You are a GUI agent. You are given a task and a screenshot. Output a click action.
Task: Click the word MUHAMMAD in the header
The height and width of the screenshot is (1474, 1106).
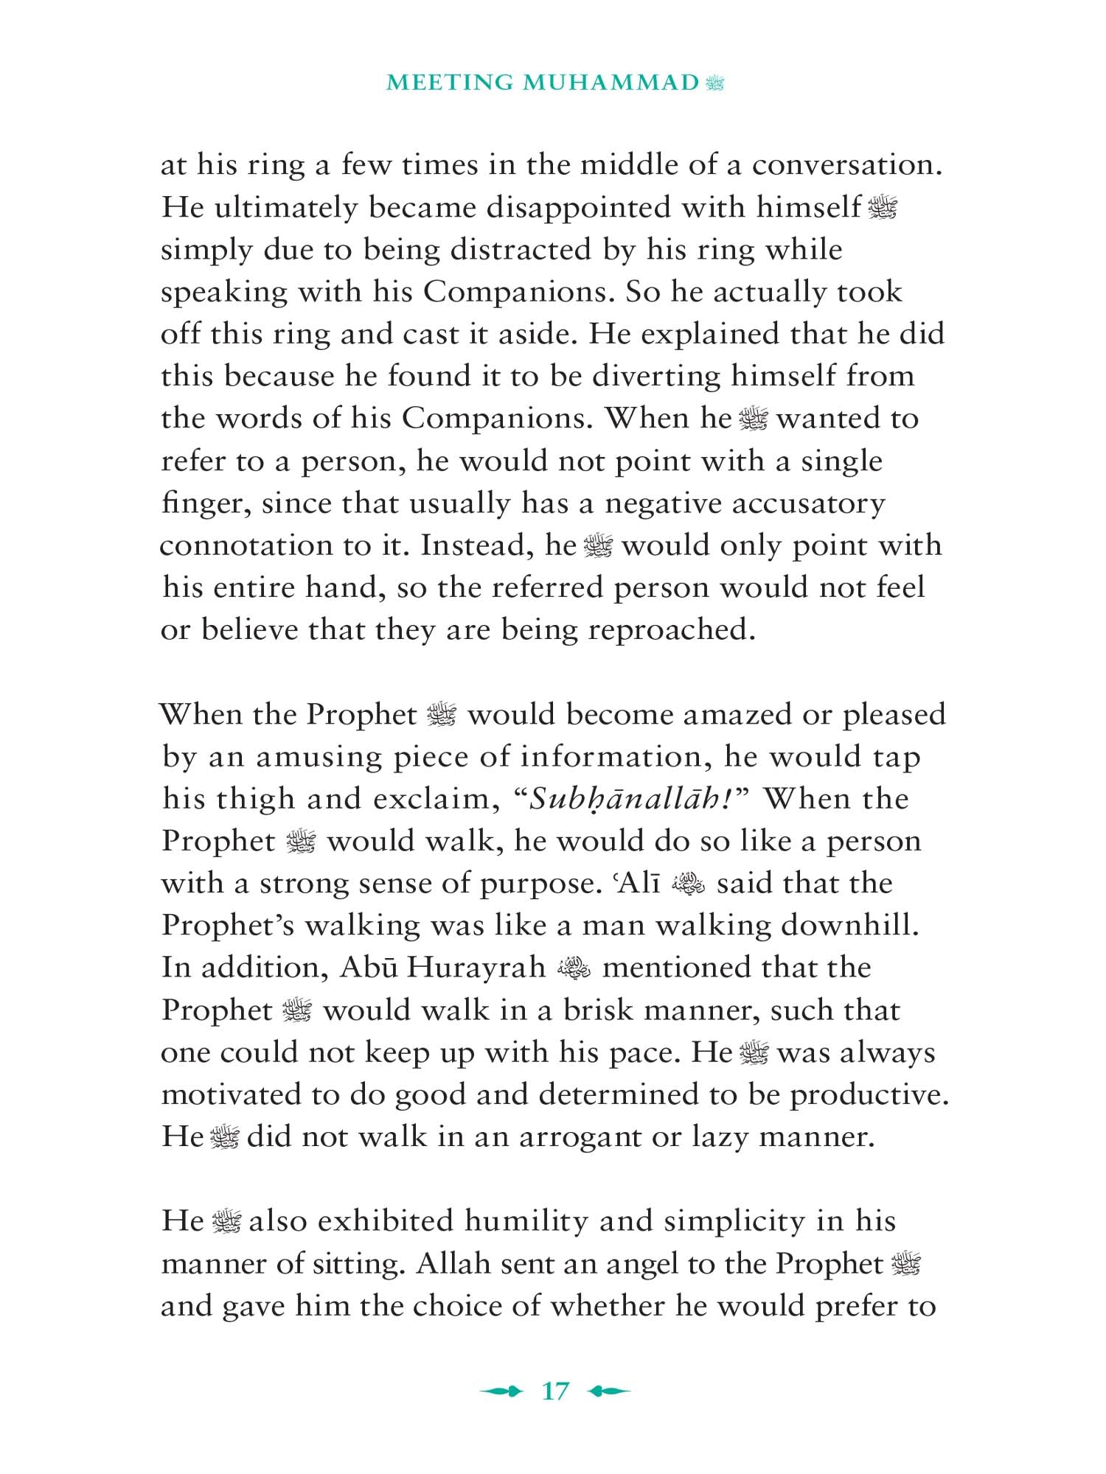(611, 83)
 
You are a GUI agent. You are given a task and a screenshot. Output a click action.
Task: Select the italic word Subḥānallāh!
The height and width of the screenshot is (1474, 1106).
(635, 799)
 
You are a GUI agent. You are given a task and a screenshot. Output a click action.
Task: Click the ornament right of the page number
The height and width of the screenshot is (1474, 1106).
(610, 1391)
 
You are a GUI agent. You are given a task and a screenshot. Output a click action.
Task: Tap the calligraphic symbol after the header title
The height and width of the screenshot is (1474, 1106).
(714, 83)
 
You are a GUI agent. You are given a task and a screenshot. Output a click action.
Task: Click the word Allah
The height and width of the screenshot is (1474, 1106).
(453, 1264)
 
